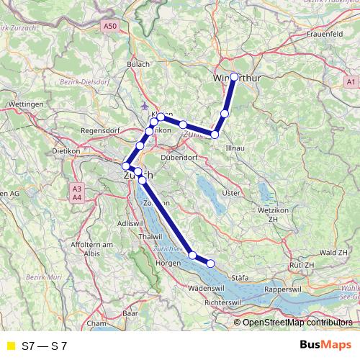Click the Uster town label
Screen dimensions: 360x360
coord(230,192)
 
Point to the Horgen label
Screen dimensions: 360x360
coord(168,264)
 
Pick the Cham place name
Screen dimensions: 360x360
coord(95,324)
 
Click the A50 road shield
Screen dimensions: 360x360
coord(109,27)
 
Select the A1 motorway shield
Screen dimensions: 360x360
coord(349,81)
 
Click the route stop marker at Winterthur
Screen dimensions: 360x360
coord(234,76)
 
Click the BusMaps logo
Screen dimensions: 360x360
coord(325,346)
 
